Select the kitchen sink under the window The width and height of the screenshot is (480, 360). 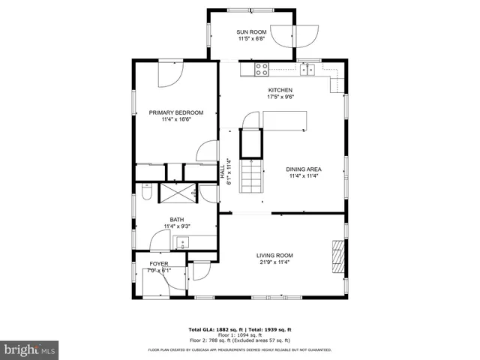click(x=307, y=70)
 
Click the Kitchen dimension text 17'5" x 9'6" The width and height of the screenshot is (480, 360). click(x=280, y=97)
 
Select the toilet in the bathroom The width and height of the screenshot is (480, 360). click(x=147, y=195)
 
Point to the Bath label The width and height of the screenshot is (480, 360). click(x=176, y=220)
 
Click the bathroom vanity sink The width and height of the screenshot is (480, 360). click(x=180, y=242)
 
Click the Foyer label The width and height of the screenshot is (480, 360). click(x=159, y=264)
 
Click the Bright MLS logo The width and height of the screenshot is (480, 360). click(x=29, y=349)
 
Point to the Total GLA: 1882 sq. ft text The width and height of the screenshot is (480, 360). click(x=212, y=330)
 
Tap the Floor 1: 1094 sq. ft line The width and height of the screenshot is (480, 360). click(x=239, y=335)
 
